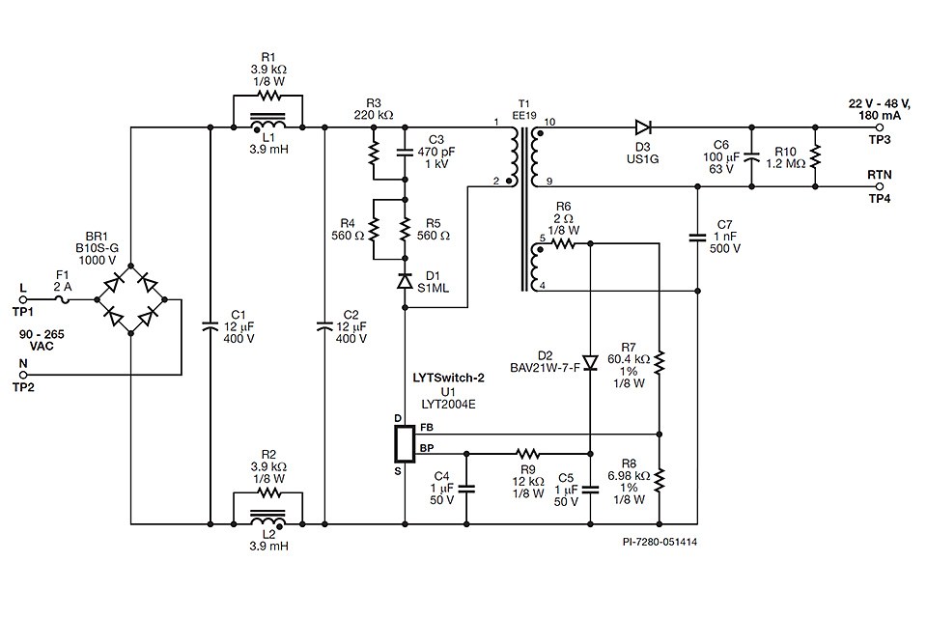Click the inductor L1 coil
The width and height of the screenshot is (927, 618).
267,126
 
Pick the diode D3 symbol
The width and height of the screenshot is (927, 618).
643,126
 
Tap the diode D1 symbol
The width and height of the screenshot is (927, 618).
405,281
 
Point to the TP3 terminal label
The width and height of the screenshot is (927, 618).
878,141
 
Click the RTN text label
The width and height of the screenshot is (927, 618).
878,174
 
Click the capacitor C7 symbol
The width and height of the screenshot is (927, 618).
697,235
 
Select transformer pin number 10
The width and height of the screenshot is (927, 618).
550,122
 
